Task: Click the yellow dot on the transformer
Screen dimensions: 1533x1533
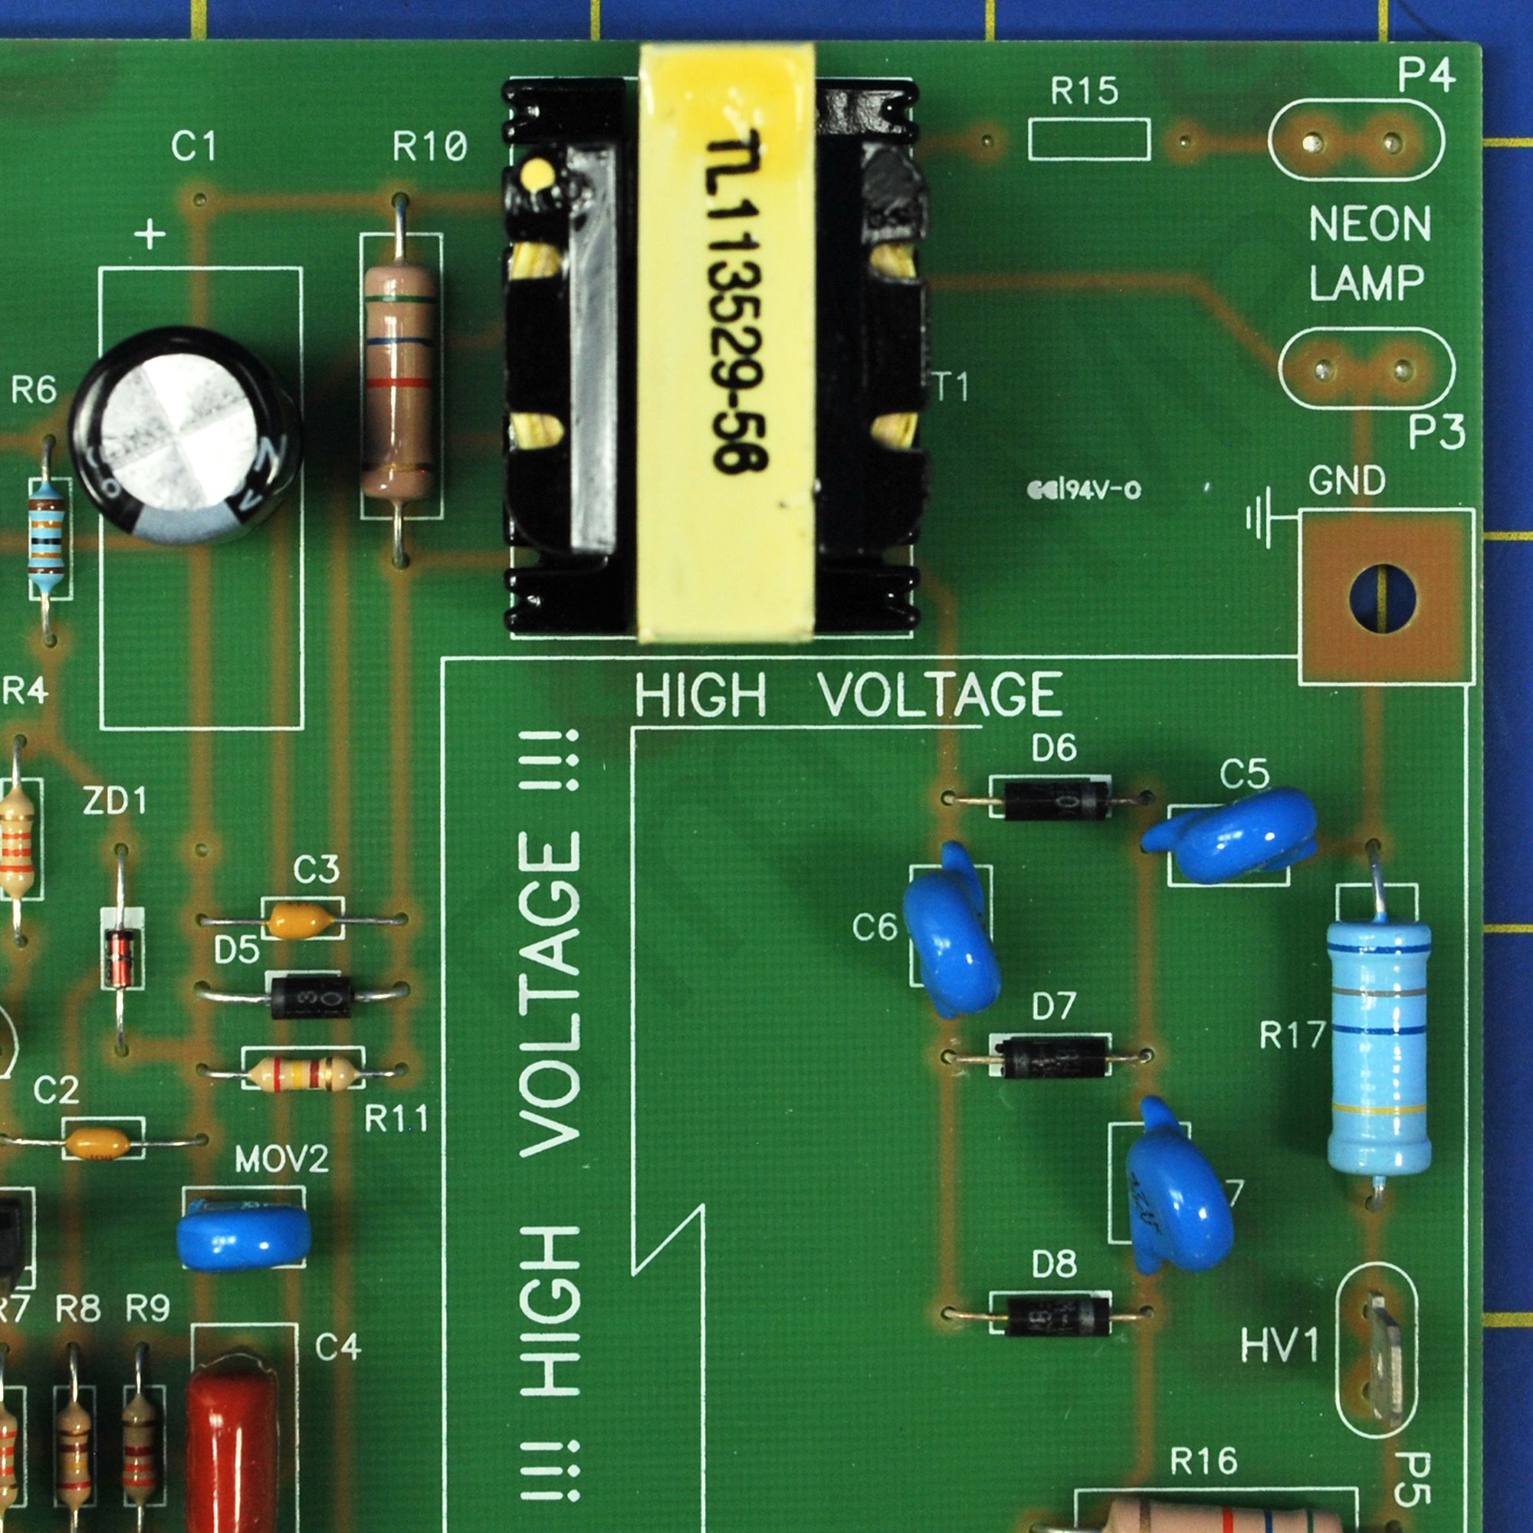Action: click(537, 170)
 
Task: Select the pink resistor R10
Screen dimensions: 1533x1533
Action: click(399, 381)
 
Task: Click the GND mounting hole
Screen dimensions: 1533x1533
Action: click(1382, 598)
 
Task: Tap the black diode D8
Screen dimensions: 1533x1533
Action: click(1056, 1315)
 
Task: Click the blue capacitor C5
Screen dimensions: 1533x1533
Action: click(1235, 835)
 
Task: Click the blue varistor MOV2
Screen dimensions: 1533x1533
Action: click(243, 1236)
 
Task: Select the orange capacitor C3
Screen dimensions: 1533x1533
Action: click(300, 921)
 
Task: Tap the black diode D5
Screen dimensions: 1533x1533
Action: click(311, 996)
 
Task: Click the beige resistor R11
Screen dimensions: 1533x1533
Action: click(302, 1074)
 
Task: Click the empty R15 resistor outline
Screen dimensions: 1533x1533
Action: click(1088, 140)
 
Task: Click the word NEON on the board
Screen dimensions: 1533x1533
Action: click(1370, 224)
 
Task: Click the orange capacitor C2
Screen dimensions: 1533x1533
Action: click(97, 1143)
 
